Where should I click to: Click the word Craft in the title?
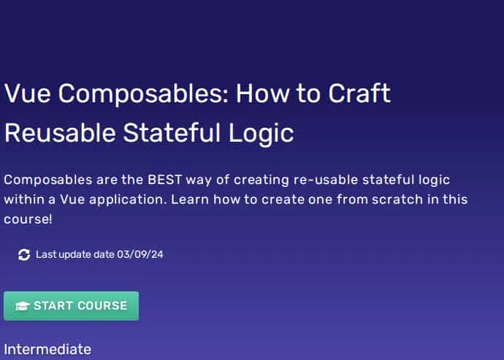point(359,93)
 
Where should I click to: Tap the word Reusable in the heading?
point(60,133)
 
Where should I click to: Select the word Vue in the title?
point(28,93)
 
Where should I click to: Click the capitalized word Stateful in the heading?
point(172,133)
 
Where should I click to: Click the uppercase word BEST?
point(164,180)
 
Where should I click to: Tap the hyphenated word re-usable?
point(326,180)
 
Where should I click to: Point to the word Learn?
point(190,199)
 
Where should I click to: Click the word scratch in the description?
point(397,199)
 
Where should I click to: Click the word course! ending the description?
point(28,220)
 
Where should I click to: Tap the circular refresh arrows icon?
point(24,255)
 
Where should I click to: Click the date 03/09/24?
point(140,255)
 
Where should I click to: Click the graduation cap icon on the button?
point(23,306)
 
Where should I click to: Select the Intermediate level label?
point(47,349)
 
